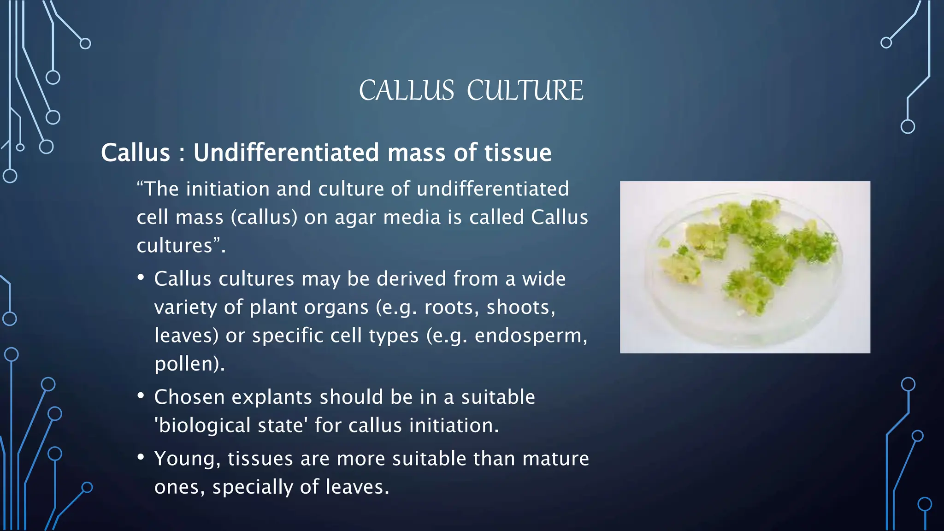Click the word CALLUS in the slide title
(407, 90)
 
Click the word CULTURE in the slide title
(525, 90)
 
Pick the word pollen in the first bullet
(186, 364)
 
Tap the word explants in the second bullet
(271, 397)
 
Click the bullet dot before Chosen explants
(141, 396)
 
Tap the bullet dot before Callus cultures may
(141, 278)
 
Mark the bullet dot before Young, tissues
(141, 457)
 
